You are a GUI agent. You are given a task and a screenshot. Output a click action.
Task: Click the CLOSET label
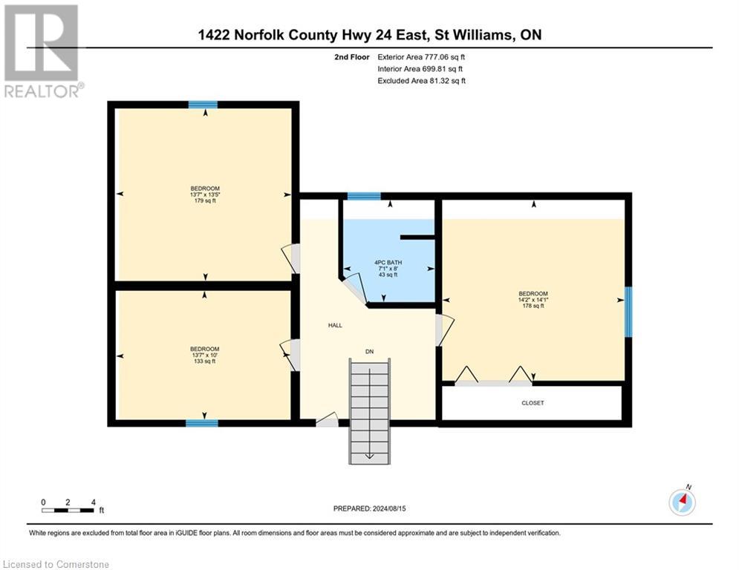(533, 403)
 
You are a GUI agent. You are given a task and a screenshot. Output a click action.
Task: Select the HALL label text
(335, 325)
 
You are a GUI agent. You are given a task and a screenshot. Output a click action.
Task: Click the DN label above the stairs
(369, 350)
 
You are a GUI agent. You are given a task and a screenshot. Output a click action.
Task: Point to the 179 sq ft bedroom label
(205, 194)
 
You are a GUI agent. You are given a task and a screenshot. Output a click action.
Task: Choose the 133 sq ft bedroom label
(204, 355)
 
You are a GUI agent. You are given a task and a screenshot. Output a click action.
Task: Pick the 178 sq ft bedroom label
(533, 299)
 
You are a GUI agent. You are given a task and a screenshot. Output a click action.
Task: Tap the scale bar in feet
(68, 510)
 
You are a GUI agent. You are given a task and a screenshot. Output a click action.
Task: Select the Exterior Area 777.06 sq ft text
(422, 56)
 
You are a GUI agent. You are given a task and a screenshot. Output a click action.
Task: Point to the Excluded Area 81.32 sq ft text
(422, 81)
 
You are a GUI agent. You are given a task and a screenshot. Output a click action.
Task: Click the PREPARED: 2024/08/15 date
(369, 508)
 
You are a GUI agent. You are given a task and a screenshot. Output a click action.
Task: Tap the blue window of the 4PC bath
(363, 196)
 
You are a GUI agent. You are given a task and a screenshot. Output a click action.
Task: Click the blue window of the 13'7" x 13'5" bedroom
(202, 105)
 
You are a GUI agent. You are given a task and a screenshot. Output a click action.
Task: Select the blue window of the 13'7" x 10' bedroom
(201, 423)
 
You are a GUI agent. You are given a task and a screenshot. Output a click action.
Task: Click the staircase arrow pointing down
(369, 454)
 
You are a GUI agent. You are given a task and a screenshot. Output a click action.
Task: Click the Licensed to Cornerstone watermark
(56, 565)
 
